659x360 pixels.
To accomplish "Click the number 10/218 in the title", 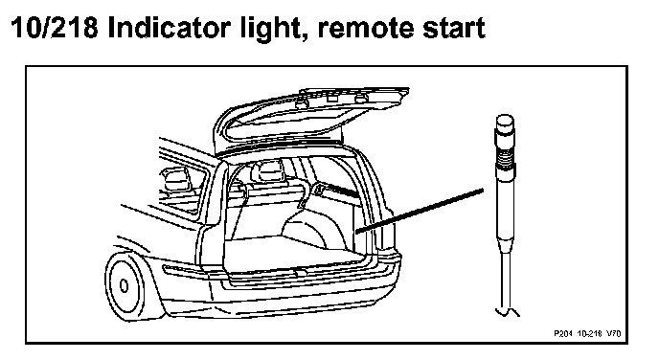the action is coord(55,28).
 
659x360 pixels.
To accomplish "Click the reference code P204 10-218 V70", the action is coord(587,333).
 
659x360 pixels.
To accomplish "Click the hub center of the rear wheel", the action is coord(124,286).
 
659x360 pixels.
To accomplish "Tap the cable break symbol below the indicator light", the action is coord(508,312).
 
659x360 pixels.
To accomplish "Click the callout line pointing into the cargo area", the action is coord(420,211).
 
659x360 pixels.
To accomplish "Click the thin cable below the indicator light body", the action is coord(506,280).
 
